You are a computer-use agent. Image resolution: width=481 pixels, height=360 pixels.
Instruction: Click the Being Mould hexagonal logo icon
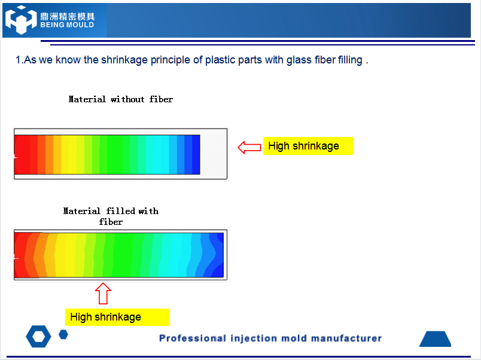tap(21, 20)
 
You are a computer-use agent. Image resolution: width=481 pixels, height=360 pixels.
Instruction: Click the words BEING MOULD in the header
tap(67, 25)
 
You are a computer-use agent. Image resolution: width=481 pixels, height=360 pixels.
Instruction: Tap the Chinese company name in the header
tap(67, 16)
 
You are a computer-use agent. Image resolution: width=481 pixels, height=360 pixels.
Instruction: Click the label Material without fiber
tap(121, 99)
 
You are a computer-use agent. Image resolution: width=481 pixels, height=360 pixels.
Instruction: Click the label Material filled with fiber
tap(111, 216)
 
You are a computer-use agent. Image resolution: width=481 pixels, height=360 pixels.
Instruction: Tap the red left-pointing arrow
tap(249, 148)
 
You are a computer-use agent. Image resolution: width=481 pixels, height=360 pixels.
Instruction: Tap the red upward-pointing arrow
tap(103, 294)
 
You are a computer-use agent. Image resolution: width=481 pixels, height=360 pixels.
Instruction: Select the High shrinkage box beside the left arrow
tap(308, 146)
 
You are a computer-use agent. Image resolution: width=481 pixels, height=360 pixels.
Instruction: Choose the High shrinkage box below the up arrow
tap(117, 317)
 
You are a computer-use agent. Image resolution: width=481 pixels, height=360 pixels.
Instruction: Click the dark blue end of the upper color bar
tap(196, 154)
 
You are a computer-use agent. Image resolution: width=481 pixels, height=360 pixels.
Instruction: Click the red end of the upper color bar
tap(22, 154)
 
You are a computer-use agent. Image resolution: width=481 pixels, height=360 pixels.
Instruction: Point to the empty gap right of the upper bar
tap(213, 154)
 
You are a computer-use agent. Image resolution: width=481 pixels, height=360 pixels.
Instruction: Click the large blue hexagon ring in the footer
tap(39, 337)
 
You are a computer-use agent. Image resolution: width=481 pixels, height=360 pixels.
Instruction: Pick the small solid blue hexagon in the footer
tap(63, 334)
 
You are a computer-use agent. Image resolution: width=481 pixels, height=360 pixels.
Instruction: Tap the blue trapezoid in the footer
tap(436, 339)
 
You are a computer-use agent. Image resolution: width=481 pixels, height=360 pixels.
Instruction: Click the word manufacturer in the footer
tap(346, 338)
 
